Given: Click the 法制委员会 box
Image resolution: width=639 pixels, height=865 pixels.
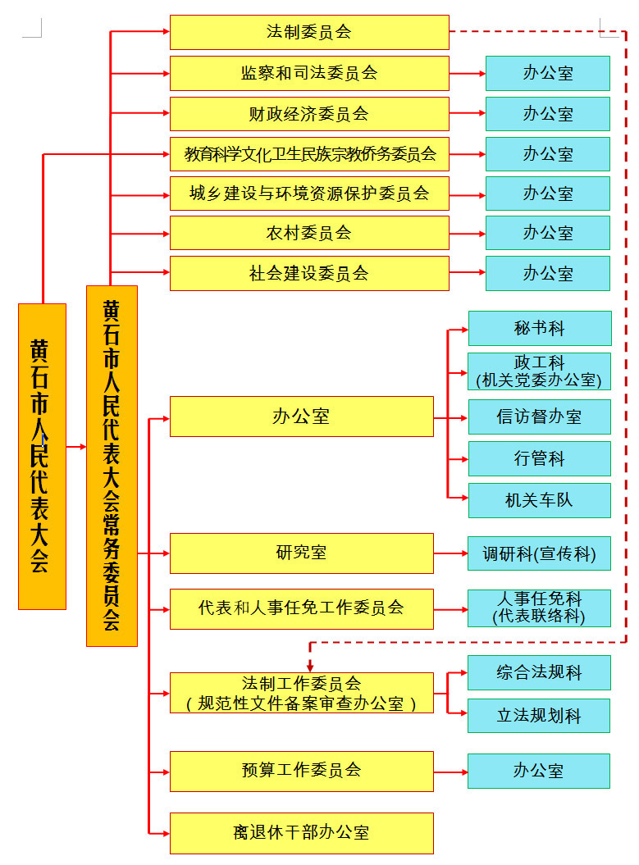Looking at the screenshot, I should (x=309, y=33).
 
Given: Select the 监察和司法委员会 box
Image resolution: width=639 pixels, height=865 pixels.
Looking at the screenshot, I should (x=309, y=73).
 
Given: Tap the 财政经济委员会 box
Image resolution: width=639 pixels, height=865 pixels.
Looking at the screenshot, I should (x=309, y=114).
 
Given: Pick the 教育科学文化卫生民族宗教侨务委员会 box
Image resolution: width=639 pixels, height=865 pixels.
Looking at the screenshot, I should (x=309, y=153).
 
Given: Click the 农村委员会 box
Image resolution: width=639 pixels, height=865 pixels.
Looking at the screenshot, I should (x=309, y=233).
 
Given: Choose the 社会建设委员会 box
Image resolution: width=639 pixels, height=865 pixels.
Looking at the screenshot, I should (x=309, y=273).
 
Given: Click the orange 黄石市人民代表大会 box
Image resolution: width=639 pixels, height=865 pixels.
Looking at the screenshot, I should (x=42, y=456).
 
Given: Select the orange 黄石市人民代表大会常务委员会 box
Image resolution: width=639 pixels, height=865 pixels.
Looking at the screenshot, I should (x=112, y=465).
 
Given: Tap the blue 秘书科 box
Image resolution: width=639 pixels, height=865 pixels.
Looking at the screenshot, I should (x=539, y=328).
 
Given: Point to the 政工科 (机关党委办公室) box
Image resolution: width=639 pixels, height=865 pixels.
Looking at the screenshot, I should (x=539, y=371).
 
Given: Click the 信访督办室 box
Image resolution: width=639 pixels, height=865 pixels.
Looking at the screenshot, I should (x=539, y=417).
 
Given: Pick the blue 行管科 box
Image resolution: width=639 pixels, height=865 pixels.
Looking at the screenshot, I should (x=539, y=458).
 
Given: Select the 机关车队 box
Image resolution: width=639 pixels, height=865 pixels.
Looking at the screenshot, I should (x=539, y=500).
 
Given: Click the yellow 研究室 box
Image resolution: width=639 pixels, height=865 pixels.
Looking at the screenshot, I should (x=301, y=553).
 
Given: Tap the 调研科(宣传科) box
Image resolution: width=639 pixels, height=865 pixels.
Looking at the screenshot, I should (x=539, y=554).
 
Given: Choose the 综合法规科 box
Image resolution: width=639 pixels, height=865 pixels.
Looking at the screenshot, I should (x=539, y=672).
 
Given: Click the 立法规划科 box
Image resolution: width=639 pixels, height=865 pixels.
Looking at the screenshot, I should (x=539, y=715).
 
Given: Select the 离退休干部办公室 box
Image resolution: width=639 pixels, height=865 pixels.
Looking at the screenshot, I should (x=301, y=833).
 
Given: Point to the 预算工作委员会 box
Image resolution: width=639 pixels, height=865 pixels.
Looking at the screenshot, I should (x=301, y=771).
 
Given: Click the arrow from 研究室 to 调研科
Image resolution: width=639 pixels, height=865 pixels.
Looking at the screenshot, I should (x=450, y=553).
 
